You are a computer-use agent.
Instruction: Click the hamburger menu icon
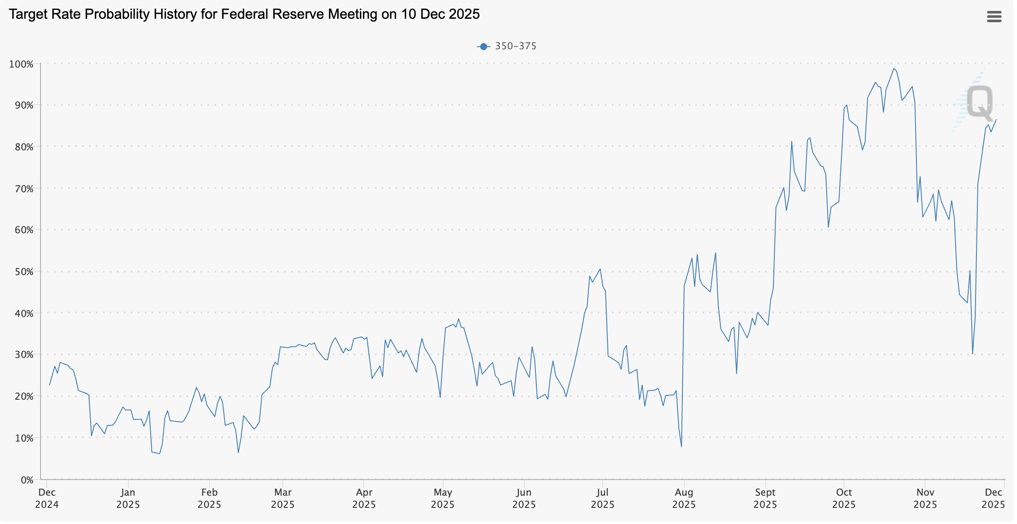pos(994,17)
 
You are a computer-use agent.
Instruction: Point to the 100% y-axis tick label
pos(21,65)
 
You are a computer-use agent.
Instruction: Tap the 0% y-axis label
pos(27,480)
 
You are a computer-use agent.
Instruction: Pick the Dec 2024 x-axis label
pos(47,498)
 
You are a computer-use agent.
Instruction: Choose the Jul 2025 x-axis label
pos(602,498)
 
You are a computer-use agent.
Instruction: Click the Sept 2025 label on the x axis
pos(765,498)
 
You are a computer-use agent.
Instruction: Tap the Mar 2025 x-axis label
pos(283,498)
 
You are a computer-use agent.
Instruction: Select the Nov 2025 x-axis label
pos(925,498)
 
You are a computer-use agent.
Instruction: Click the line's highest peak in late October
pos(894,68)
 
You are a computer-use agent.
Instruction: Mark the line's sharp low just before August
pos(681,446)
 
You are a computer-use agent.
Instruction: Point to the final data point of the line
pos(996,119)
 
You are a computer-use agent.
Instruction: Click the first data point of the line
pos(49,384)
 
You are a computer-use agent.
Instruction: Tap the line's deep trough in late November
pos(973,354)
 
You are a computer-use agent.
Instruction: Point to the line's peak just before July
pos(600,269)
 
